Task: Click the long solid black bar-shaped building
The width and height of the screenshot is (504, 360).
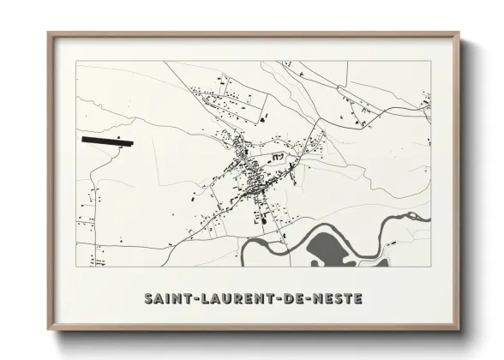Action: [108, 140]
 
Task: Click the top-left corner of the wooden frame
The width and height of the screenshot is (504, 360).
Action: [49, 33]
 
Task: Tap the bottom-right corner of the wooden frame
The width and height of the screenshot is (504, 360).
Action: [459, 330]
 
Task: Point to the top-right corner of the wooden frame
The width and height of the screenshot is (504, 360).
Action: [459, 33]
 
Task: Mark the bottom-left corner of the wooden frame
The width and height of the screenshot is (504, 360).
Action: [49, 330]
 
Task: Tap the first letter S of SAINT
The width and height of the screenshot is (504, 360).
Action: [148, 299]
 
